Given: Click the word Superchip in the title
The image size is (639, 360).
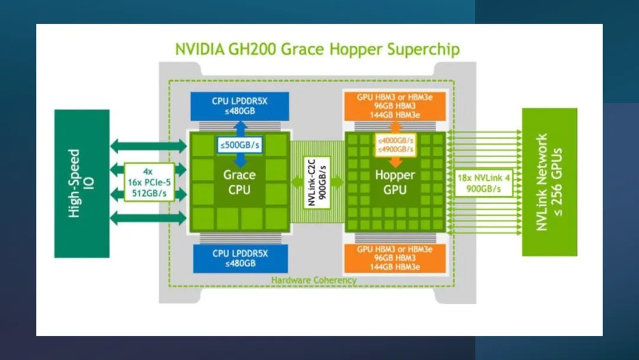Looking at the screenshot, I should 423,49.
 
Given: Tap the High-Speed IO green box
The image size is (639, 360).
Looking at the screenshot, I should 82,183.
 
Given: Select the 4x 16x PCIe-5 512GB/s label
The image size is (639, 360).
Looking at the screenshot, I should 150,182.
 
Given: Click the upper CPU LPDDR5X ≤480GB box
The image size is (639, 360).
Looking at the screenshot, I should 240,105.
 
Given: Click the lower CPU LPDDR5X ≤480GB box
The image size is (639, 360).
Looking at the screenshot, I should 240,258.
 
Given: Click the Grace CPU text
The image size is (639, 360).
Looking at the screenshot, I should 240,182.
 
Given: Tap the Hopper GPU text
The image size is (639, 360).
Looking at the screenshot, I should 395,182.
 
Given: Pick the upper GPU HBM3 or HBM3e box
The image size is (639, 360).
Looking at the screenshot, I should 395,105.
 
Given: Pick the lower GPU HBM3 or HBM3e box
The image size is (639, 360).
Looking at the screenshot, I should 395,258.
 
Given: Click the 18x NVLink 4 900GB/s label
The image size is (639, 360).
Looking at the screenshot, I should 480,182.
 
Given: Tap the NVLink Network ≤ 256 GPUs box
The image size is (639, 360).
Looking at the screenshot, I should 549,182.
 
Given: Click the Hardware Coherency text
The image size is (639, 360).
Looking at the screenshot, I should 314,279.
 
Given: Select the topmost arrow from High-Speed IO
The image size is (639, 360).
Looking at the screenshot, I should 149,145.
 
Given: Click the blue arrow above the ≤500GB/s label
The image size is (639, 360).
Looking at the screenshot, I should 240,127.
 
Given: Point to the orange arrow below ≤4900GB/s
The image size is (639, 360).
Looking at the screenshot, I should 395,162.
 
